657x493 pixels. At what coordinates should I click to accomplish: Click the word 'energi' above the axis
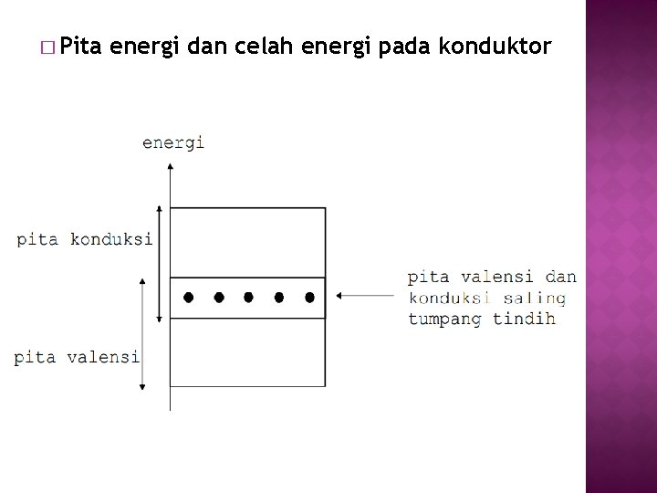coord(173,142)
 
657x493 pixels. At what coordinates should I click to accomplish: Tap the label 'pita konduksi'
coord(85,239)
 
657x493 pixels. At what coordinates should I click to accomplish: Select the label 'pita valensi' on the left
coord(77,357)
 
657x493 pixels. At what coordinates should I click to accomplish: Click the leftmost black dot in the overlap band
coord(188,297)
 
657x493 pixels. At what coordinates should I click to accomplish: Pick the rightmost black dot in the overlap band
coord(309,297)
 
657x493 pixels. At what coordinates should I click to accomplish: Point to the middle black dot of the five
coord(248,297)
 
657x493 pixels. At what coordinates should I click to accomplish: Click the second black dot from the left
coord(218,297)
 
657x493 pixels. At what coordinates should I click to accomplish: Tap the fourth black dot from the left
coord(279,297)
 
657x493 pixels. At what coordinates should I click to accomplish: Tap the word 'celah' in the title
coord(268,47)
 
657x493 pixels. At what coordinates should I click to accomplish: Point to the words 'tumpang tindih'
coord(482,320)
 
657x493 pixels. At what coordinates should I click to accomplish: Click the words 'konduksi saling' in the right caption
coord(486,298)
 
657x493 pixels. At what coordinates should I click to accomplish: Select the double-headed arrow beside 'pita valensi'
coord(142,334)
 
